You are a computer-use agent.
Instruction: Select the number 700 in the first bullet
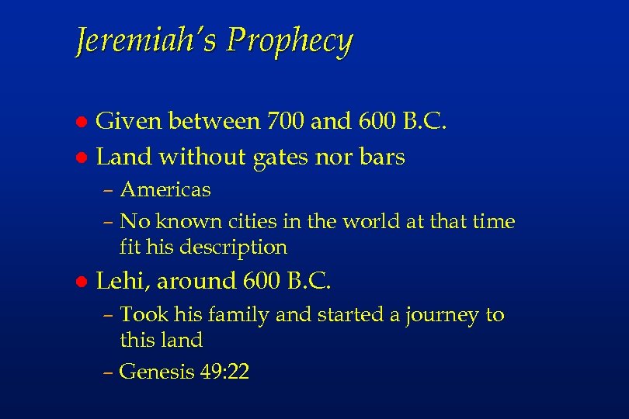tap(285, 121)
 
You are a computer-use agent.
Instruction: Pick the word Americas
tap(165, 189)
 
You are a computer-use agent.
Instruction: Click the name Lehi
tap(117, 281)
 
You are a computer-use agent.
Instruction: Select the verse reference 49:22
tap(224, 372)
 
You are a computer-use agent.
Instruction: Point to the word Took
tap(140, 315)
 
